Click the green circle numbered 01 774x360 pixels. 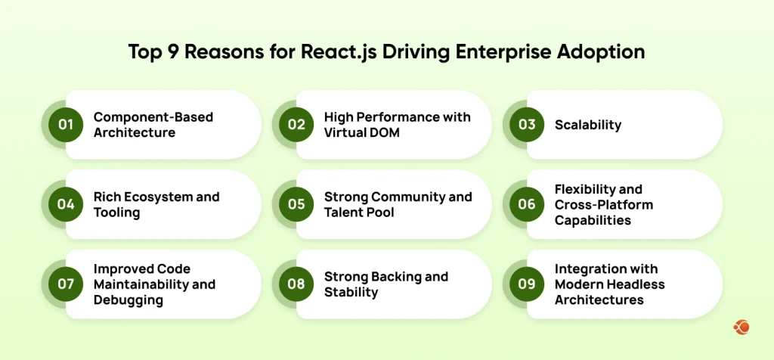point(66,125)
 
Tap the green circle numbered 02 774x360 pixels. point(296,125)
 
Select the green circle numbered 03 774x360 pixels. point(527,125)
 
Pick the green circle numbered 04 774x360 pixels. point(66,204)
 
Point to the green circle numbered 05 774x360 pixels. point(296,204)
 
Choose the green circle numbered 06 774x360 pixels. point(527,204)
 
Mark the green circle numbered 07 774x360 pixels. point(66,284)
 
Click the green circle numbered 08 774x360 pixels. point(296,284)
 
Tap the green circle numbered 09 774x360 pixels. point(527,284)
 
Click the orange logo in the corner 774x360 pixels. point(741,327)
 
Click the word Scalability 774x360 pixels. point(588,125)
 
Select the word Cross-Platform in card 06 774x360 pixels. point(604,204)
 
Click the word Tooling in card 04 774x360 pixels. point(116,213)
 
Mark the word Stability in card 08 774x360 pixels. point(351,292)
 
